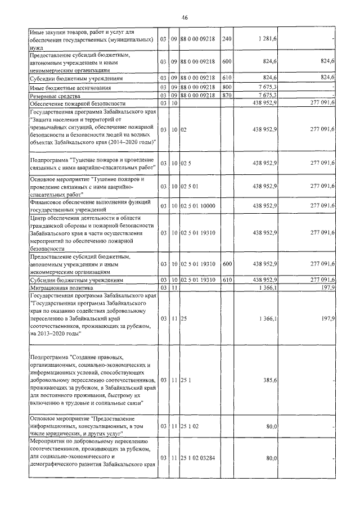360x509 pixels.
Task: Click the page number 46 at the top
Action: [184, 17]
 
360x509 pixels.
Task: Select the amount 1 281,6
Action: [266, 38]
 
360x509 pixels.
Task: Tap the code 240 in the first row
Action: [227, 38]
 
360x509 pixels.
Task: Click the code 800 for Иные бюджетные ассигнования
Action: [227, 88]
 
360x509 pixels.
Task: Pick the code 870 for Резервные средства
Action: [227, 96]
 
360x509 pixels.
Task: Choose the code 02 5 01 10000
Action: [198, 206]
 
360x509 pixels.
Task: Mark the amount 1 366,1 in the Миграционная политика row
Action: [266, 287]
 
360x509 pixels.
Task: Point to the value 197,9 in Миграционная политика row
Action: [326, 287]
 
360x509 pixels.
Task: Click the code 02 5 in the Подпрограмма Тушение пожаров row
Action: [184, 163]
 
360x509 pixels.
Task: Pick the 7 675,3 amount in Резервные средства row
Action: [266, 96]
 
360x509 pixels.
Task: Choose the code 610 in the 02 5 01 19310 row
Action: [227, 280]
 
